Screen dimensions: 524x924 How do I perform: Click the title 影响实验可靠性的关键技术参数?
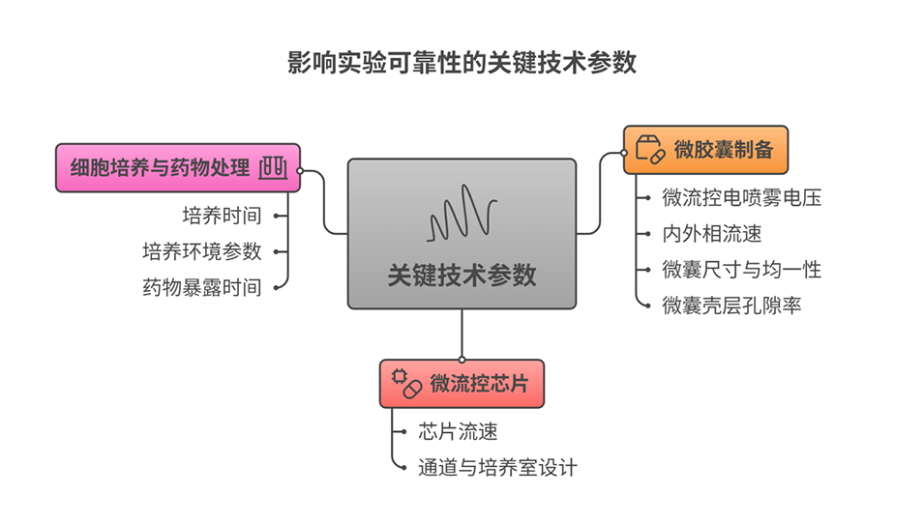coord(462,63)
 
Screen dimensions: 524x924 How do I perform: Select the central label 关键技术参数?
coord(462,275)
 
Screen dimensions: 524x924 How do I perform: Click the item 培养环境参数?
coord(202,251)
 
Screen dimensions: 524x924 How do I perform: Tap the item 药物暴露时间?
coord(202,287)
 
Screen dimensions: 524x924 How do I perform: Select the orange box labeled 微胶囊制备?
coord(705,150)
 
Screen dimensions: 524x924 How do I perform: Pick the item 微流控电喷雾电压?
coord(741,198)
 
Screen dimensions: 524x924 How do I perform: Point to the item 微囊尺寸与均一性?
coord(741,270)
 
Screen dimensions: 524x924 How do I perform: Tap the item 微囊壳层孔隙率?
coord(731,306)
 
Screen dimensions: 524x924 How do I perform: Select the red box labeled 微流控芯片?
coord(462,383)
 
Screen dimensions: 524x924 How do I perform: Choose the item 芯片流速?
coord(459,431)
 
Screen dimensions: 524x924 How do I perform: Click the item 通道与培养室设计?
coord(497,467)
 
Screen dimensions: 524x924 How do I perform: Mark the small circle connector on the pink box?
coord(301,170)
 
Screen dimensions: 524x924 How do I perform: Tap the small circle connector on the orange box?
coord(624,152)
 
